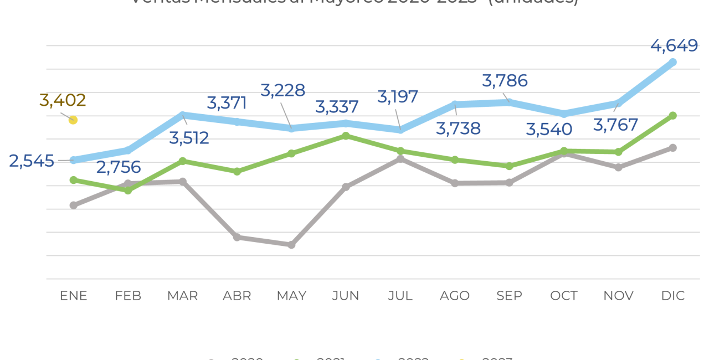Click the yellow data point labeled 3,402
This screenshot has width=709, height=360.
[x=73, y=120]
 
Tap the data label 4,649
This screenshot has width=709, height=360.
[x=674, y=45]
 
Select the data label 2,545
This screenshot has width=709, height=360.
[x=32, y=161]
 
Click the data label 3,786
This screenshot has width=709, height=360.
[x=505, y=81]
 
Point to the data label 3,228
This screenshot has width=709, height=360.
[x=282, y=90]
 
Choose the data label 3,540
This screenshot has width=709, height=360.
[x=549, y=130]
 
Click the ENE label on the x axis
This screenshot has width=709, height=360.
[x=74, y=296]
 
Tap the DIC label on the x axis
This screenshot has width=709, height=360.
[x=673, y=296]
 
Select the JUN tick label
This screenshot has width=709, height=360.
[x=346, y=296]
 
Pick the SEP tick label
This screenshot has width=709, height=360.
[x=509, y=296]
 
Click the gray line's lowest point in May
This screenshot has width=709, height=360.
[x=291, y=244]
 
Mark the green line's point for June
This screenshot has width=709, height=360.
[x=346, y=136]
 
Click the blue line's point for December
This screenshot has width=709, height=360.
[x=673, y=62]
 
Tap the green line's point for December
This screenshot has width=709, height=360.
[x=673, y=115]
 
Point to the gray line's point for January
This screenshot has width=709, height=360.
[x=73, y=205]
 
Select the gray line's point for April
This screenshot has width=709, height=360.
[x=237, y=237]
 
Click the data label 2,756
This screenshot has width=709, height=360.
[x=119, y=167]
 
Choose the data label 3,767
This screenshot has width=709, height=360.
[x=615, y=125]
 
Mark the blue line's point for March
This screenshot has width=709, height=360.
[x=182, y=115]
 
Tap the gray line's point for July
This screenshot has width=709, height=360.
[x=400, y=159]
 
